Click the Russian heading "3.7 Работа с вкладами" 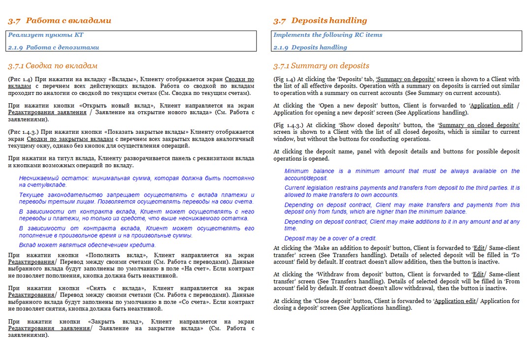pyautogui.click(x=59, y=21)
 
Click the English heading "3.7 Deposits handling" pyautogui.click(x=320, y=21)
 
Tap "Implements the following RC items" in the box pyautogui.click(x=327, y=35)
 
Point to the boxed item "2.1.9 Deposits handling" pyautogui.click(x=310, y=48)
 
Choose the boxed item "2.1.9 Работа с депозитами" pyautogui.click(x=54, y=48)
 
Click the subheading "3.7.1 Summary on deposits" pyautogui.click(x=321, y=66)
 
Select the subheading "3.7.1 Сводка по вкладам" pyautogui.click(x=53, y=66)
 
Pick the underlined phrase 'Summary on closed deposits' pyautogui.click(x=479, y=125)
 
